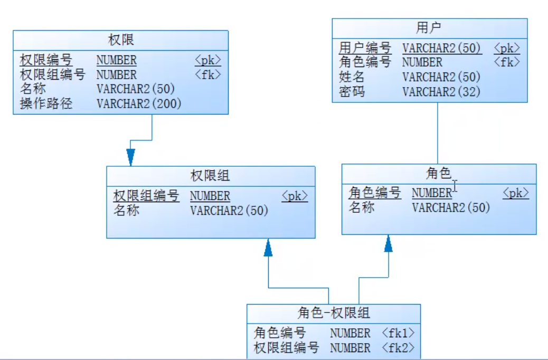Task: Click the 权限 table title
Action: tap(121, 40)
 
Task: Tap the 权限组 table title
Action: tap(210, 176)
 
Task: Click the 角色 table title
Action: tap(438, 173)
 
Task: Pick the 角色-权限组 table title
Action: tap(334, 313)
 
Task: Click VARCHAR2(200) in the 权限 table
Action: tap(139, 104)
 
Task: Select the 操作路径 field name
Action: tap(46, 104)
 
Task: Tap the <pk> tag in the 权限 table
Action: tap(207, 60)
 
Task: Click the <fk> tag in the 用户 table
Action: tap(507, 62)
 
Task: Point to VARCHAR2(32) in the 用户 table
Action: tap(441, 92)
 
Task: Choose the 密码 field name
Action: tap(352, 92)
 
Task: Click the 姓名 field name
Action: tap(352, 78)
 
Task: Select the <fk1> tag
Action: tap(398, 333)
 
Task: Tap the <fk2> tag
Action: tap(398, 348)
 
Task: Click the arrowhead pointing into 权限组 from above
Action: tap(130, 157)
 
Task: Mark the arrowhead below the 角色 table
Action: tap(389, 243)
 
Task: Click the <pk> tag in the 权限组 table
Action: tap(295, 196)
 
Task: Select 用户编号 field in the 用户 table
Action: tap(365, 48)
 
